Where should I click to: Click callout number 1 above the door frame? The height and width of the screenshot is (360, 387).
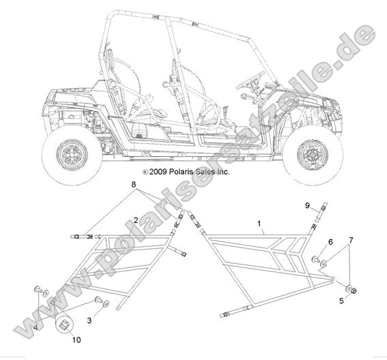(x=259, y=224)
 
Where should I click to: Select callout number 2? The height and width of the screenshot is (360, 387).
(x=136, y=220)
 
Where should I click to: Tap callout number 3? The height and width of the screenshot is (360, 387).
(x=89, y=320)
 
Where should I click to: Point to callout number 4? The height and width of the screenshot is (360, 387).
(x=35, y=328)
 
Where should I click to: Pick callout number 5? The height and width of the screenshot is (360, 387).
(x=341, y=301)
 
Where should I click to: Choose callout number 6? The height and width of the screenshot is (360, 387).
(x=330, y=242)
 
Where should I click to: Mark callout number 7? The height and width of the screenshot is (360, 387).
(x=351, y=239)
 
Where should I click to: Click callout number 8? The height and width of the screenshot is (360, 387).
(x=134, y=184)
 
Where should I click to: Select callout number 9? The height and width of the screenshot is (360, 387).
(x=307, y=205)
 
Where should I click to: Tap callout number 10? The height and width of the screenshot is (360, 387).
(x=76, y=340)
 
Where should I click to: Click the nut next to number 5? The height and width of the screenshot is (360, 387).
(x=354, y=291)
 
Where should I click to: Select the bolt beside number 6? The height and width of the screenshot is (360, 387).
(x=315, y=260)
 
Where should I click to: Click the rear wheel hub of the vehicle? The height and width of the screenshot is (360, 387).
(x=72, y=155)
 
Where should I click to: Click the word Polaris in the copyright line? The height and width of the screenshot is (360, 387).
(x=181, y=172)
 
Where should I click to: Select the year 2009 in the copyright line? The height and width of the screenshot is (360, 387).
(x=158, y=172)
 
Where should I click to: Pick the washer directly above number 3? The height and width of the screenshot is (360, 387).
(x=106, y=303)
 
